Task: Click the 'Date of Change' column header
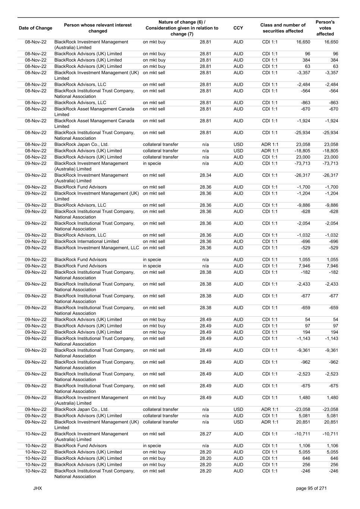click(35, 28)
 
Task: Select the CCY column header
click(238, 28)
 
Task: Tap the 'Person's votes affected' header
click(325, 28)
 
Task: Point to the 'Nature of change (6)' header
click(182, 22)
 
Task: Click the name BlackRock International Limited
click(87, 242)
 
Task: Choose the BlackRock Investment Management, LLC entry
click(97, 248)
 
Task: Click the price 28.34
click(205, 175)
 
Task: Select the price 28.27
click(205, 434)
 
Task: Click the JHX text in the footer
click(37, 488)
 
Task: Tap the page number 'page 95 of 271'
click(311, 488)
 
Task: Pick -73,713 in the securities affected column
click(303, 163)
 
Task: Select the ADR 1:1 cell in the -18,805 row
click(270, 151)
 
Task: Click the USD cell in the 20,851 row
click(238, 422)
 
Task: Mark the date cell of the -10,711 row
click(36, 434)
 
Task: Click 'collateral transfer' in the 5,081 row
click(160, 416)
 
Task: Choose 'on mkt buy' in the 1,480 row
click(154, 398)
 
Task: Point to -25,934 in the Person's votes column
click(330, 133)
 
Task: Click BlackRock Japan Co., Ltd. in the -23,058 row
click(81, 409)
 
